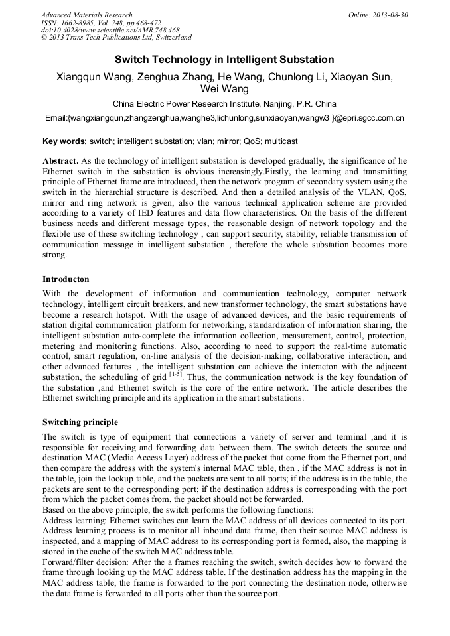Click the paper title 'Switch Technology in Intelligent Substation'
[x=224, y=60]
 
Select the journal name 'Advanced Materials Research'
[x=86, y=15]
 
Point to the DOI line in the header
[x=110, y=31]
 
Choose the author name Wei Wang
[x=224, y=89]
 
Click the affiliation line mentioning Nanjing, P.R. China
[x=224, y=104]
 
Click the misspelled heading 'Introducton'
[x=66, y=279]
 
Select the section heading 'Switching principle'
[x=80, y=422]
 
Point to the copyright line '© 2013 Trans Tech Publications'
[x=116, y=38]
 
